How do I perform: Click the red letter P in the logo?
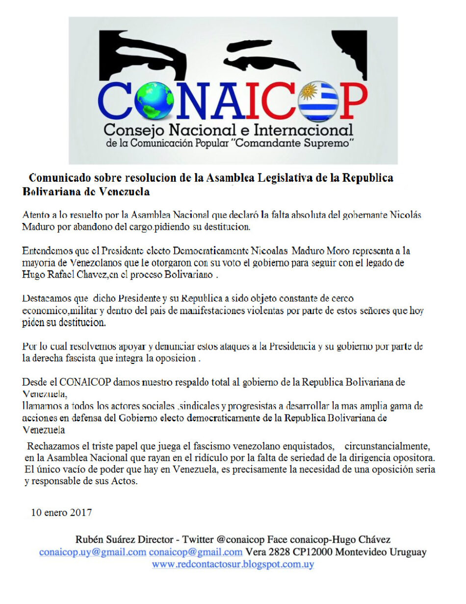pos(353,101)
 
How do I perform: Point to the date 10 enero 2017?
pos(61,513)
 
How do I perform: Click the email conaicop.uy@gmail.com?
pos(93,551)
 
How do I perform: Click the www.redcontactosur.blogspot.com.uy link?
pos(233,564)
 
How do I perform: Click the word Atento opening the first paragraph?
pos(35,215)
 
